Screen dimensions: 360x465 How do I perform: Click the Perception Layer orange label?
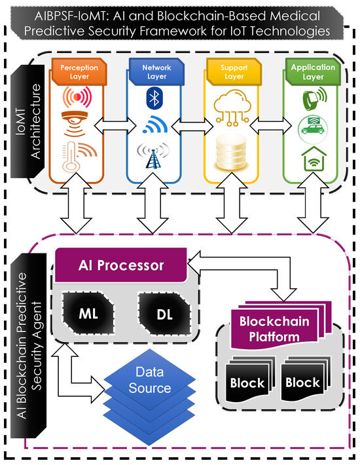coord(79,71)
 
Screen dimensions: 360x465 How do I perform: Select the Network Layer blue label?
coord(156,71)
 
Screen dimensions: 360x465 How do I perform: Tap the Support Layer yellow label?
coord(234,71)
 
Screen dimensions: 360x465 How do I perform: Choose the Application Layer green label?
coord(313,71)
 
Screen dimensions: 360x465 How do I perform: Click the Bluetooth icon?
coord(154,98)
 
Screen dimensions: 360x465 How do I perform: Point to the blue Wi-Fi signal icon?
coord(155,124)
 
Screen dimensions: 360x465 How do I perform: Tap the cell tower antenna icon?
coord(153,156)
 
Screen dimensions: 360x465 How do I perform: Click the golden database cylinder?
coord(231,153)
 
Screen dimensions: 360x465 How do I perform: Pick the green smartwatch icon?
coord(314,98)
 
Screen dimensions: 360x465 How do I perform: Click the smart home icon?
coord(314,158)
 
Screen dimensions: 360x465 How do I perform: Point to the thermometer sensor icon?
coord(78,157)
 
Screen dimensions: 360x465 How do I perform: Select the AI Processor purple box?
coord(121,265)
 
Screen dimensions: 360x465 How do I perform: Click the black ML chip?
coord(88,313)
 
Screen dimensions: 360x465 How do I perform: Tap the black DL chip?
coord(164,314)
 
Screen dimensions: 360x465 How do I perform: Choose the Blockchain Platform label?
coord(274,329)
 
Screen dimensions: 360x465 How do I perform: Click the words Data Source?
coord(150,380)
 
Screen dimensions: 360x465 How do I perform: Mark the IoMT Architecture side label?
coord(27,121)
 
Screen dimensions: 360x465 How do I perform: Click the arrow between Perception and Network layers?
coord(115,126)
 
